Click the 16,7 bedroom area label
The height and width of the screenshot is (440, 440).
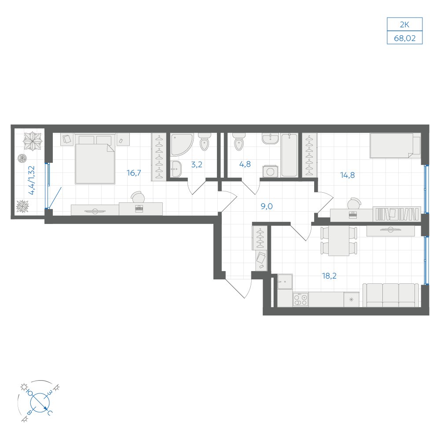point(134,173)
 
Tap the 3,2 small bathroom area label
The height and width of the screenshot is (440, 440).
point(196,165)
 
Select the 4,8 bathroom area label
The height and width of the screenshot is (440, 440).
point(245,164)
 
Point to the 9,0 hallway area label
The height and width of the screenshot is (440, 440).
point(267,206)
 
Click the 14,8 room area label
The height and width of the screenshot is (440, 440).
point(348,175)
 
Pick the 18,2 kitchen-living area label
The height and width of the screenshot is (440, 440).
point(329,276)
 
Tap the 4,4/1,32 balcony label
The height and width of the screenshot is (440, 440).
point(31,180)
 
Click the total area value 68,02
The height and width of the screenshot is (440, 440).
point(405,38)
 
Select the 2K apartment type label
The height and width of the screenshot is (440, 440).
point(404,25)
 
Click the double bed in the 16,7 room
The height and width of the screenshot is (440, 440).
point(95,159)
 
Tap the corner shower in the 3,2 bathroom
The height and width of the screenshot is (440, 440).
point(182,144)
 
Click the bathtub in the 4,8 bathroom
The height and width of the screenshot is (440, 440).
point(289,155)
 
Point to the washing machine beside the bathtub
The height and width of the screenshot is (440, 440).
point(271,171)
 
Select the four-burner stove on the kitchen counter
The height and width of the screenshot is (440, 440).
point(301,299)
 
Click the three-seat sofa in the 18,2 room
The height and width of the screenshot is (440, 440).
point(391,295)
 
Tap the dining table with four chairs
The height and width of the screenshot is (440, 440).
point(339,241)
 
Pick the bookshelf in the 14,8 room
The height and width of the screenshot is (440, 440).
point(397,214)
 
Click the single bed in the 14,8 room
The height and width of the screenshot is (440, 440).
point(395,146)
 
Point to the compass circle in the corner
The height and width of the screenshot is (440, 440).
point(40,402)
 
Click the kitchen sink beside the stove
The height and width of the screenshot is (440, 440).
point(285,282)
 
